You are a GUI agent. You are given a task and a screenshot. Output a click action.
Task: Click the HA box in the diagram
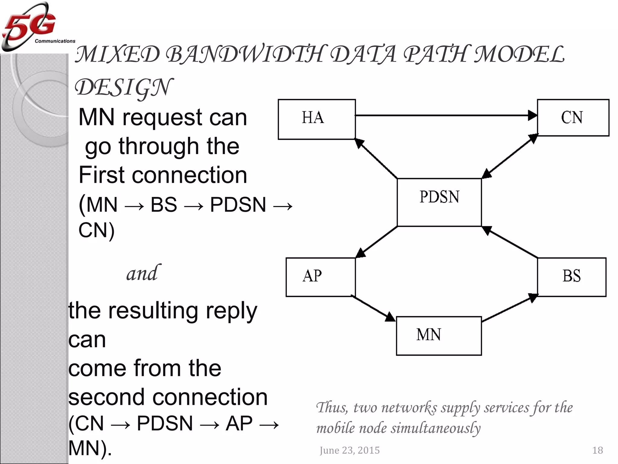[317, 119]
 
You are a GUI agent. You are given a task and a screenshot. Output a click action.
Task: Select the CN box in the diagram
[573, 118]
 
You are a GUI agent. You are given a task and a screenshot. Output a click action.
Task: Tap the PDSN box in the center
[439, 202]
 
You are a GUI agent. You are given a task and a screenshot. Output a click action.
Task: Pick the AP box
[320, 277]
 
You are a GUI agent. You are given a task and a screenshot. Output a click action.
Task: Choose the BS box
[572, 277]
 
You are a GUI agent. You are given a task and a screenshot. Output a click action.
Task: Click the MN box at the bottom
[438, 336]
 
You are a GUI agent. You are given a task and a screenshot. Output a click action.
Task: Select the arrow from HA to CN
[444, 115]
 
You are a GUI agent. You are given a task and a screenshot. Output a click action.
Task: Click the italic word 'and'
[142, 273]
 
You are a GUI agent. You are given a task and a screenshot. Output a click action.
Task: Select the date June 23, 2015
[349, 450]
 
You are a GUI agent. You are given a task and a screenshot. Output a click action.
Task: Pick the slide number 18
[597, 450]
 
